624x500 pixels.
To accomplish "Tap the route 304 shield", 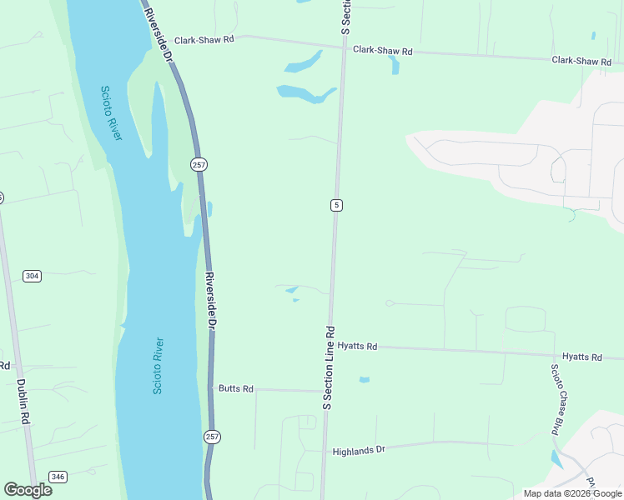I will pyautogui.click(x=32, y=276).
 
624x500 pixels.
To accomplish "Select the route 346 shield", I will pyautogui.click(x=58, y=477).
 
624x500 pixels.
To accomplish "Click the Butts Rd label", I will pyautogui.click(x=235, y=388).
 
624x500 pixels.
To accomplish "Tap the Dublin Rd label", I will pyautogui.click(x=23, y=404).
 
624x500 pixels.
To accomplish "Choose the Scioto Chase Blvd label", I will pyautogui.click(x=554, y=400).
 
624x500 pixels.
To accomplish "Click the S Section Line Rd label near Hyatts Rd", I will pyautogui.click(x=328, y=367).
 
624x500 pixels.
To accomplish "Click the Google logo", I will pyautogui.click(x=28, y=489).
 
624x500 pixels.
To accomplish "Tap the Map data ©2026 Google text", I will pyautogui.click(x=572, y=493).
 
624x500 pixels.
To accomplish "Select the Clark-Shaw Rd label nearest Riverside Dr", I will pyautogui.click(x=204, y=39).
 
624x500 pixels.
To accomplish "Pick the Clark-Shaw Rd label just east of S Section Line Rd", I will pyautogui.click(x=383, y=50).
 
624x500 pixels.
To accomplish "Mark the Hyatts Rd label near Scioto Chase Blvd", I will pyautogui.click(x=581, y=357).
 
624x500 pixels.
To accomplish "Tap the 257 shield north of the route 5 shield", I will pyautogui.click(x=199, y=165).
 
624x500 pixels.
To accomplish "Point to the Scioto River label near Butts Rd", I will pyautogui.click(x=158, y=366).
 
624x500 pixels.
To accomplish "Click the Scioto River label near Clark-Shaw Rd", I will pyautogui.click(x=111, y=112).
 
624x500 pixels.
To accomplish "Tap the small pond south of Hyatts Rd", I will pyautogui.click(x=364, y=380).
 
